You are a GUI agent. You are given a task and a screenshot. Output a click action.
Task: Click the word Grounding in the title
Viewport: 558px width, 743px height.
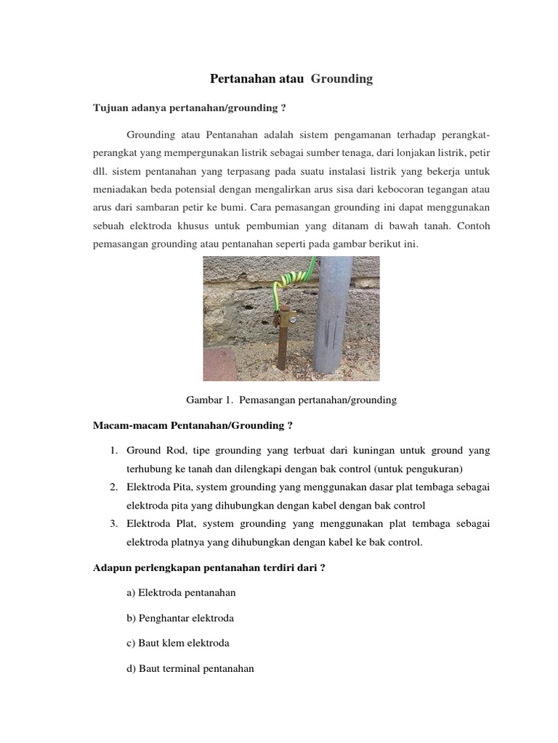[x=341, y=79]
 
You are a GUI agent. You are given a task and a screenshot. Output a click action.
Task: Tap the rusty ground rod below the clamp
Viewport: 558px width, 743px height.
[x=282, y=348]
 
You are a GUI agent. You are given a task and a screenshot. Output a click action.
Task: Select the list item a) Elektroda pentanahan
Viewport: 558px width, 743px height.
[x=181, y=593]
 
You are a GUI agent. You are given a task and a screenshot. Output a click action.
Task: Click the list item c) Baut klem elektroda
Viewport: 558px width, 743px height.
[x=177, y=644]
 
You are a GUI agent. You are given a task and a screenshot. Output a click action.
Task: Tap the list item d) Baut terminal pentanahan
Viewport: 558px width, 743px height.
[x=190, y=669]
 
